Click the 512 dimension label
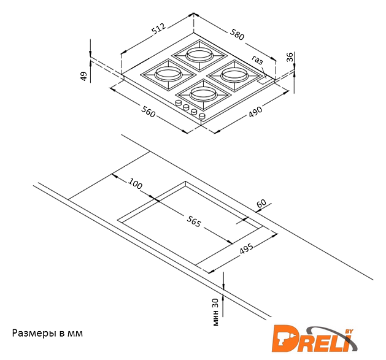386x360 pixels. tap(159, 29)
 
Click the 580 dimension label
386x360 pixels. tap(237, 34)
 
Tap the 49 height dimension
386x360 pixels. tap(84, 76)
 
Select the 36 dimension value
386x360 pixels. tap(290, 57)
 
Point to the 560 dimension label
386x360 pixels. tap(148, 111)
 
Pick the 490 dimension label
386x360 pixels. tap(255, 112)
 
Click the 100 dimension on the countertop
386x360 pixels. tap(135, 183)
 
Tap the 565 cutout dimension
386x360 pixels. tap(194, 221)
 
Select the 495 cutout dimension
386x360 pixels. tap(247, 248)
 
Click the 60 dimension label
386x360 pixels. tap(261, 203)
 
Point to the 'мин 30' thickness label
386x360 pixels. tap(215, 312)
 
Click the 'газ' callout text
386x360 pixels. tap(257, 59)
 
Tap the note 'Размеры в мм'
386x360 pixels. tap(47, 333)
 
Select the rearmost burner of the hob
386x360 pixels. tap(199, 55)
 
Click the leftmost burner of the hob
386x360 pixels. tap(168, 74)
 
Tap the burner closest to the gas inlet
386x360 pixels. tap(235, 75)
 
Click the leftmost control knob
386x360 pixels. tap(178, 104)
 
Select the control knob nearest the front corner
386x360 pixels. tap(202, 116)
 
